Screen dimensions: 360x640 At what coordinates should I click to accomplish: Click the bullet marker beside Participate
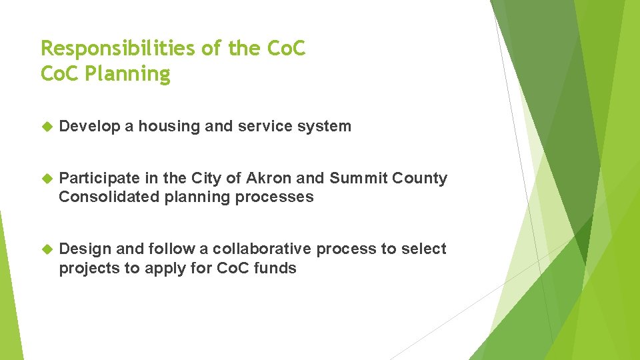47,179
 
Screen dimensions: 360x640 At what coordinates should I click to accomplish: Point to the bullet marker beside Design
47,249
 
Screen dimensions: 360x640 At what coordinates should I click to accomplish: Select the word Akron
269,179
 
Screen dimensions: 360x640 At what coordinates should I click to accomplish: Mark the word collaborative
261,249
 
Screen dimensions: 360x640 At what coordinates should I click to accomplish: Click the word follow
172,249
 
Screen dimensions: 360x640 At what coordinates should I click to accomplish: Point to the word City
205,179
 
